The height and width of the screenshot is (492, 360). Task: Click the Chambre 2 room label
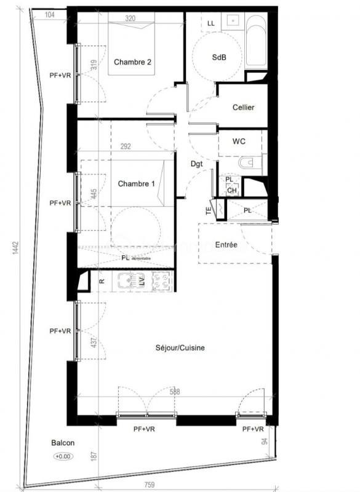tap(132, 62)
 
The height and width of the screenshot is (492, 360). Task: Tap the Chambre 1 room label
tap(136, 183)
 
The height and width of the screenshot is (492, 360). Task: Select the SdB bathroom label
tap(219, 57)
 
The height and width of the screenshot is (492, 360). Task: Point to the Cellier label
tap(244, 108)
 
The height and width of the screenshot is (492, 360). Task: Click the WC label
tap(239, 141)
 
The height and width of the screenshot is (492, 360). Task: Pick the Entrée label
tap(226, 245)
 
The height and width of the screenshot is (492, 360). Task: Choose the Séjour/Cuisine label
tap(180, 348)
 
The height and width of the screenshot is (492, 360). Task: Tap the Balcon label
tap(63, 443)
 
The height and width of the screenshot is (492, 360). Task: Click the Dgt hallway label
tap(196, 164)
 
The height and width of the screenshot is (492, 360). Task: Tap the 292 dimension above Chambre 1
tap(126, 147)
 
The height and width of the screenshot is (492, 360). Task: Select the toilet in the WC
tap(248, 164)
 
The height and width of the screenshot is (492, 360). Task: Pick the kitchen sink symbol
tap(127, 281)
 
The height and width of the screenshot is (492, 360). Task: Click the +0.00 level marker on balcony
tap(63, 456)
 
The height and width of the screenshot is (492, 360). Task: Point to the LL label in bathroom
tap(211, 23)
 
